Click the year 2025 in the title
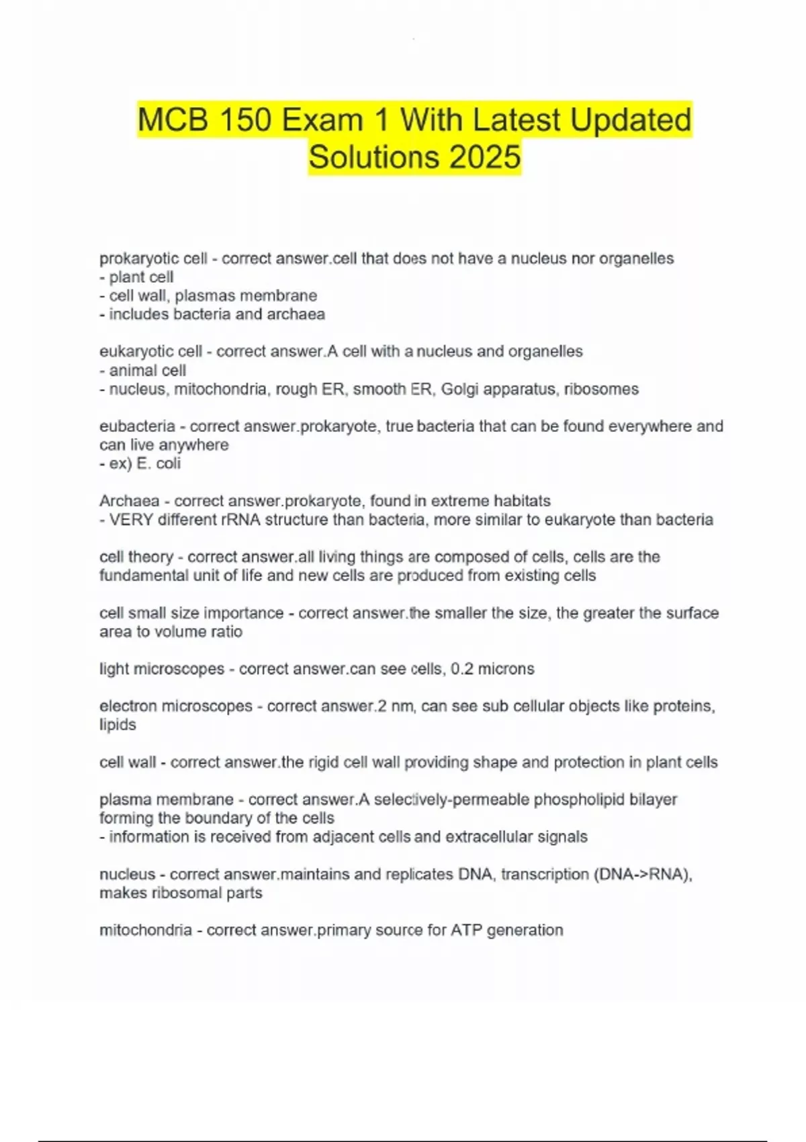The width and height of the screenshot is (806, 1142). [x=485, y=157]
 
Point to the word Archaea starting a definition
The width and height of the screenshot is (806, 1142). [x=129, y=501]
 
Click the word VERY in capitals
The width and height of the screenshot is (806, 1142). [x=131, y=520]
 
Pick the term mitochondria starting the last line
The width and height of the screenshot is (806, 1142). [x=146, y=930]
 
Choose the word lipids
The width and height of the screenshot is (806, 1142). [x=118, y=726]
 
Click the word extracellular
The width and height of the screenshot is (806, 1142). [x=491, y=837]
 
